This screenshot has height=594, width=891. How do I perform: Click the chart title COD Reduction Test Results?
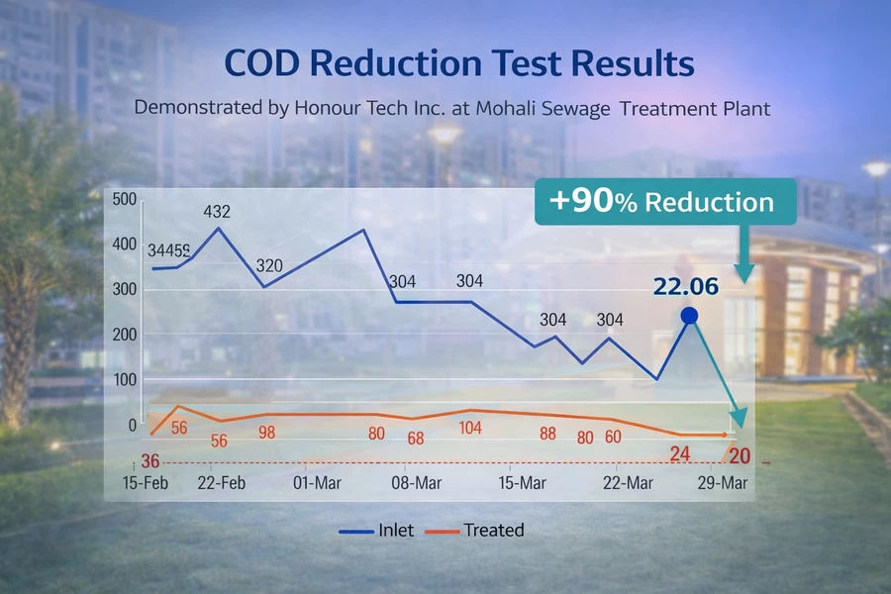click(458, 64)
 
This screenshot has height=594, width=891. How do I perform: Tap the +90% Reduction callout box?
click(663, 202)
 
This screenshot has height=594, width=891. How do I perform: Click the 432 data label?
click(218, 212)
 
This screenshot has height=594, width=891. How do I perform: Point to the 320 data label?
click(270, 265)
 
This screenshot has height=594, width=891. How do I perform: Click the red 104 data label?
click(470, 428)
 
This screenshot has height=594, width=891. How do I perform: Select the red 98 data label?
click(267, 434)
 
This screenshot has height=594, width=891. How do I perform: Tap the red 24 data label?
click(679, 453)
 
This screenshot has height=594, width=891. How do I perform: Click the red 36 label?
click(150, 461)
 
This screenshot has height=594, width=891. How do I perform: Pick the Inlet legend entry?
click(376, 531)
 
